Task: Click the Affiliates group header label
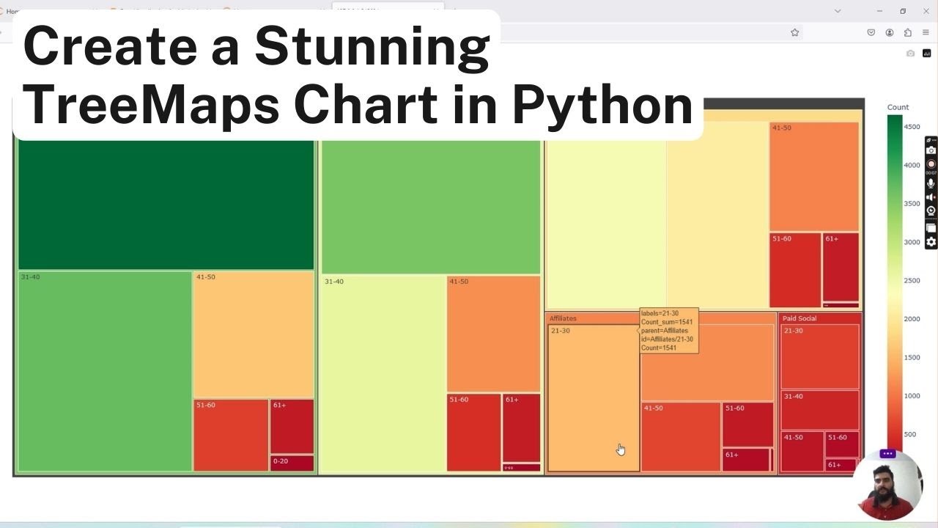tap(563, 318)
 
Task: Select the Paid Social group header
tap(799, 318)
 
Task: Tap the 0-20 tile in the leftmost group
tap(292, 463)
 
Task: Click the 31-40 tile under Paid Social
tap(819, 410)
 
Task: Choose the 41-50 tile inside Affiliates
tap(681, 436)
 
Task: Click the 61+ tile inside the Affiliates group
tap(746, 460)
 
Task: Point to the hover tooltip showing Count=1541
tap(668, 331)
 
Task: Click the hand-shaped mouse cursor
tap(621, 450)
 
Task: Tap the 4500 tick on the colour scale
tap(912, 127)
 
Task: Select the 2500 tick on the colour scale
tap(912, 281)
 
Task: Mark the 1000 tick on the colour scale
tap(912, 396)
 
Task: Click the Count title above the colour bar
tap(898, 107)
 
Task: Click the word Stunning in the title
tap(372, 45)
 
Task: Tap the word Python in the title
tap(602, 104)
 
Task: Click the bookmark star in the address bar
tap(794, 32)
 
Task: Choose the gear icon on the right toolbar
tap(931, 242)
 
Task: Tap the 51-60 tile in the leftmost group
tap(231, 435)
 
